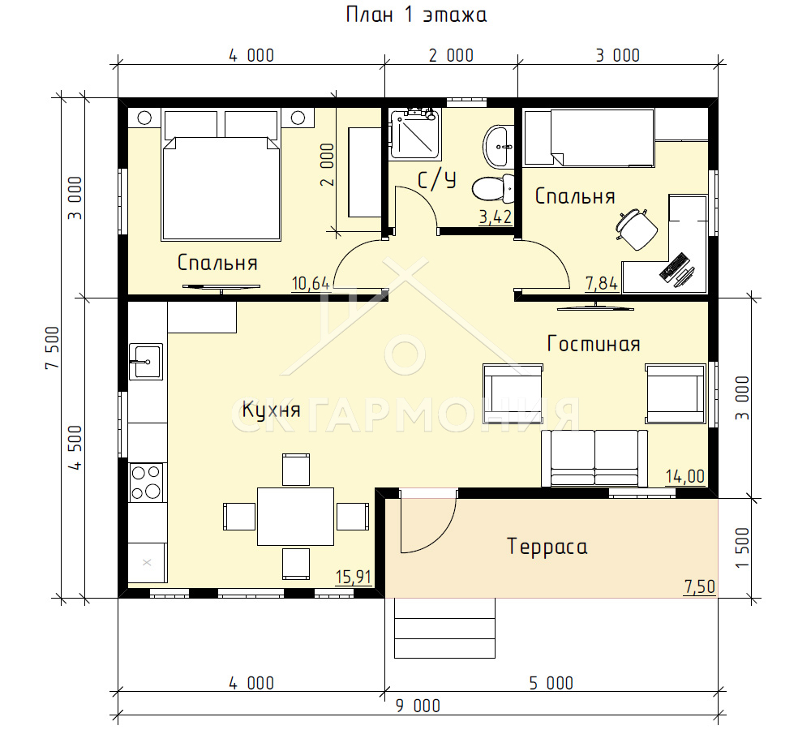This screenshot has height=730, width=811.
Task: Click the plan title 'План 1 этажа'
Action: [416, 15]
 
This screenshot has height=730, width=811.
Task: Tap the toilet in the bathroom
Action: [493, 188]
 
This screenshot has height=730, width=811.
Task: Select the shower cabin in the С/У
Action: [414, 134]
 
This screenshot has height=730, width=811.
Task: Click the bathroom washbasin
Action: [499, 147]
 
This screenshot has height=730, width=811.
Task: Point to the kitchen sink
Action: [146, 362]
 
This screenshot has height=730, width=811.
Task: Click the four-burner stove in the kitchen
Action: [145, 482]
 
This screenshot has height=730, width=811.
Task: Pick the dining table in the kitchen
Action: [296, 517]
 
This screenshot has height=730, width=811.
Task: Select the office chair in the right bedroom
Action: [636, 228]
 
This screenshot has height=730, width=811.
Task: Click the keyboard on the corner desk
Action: [673, 267]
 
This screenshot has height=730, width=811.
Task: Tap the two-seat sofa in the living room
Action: [594, 458]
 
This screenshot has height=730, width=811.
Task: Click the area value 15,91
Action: [354, 577]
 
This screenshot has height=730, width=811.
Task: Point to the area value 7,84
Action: [601, 284]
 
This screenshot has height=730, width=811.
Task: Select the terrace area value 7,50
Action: [699, 587]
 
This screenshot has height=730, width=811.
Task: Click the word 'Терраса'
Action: [547, 547]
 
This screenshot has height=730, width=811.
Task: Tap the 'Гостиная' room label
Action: [594, 344]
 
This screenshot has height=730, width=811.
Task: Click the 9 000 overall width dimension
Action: [418, 706]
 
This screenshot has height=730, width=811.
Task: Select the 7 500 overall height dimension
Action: [53, 348]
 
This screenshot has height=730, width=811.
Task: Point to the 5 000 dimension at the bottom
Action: [551, 684]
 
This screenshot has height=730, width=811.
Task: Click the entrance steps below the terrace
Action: [444, 628]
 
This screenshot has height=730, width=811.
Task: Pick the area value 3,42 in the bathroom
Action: [496, 217]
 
